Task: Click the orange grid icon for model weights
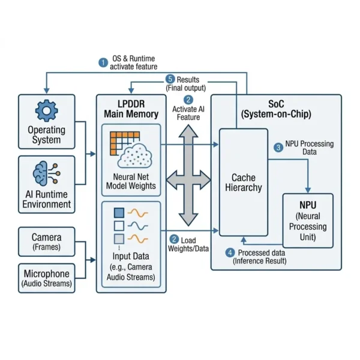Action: (122, 142)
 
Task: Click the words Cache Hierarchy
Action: (243, 182)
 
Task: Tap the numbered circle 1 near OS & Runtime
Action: (103, 61)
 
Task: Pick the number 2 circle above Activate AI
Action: (188, 100)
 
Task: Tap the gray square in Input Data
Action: (119, 239)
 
